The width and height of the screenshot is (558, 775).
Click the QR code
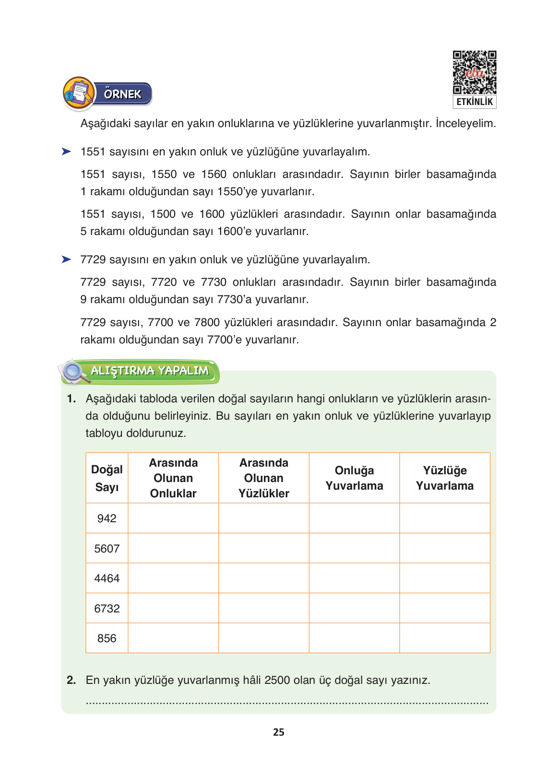pyautogui.click(x=474, y=72)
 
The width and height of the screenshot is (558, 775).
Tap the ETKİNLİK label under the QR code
pyautogui.click(x=474, y=102)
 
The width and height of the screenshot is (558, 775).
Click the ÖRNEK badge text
pyautogui.click(x=123, y=94)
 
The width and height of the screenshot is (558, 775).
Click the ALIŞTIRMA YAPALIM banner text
pyautogui.click(x=150, y=371)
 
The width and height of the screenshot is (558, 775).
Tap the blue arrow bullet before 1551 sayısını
pyautogui.click(x=66, y=152)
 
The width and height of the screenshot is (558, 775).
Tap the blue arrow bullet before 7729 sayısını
pyautogui.click(x=66, y=259)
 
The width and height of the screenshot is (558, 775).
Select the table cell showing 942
pyautogui.click(x=107, y=518)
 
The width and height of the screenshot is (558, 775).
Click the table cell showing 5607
pyautogui.click(x=107, y=549)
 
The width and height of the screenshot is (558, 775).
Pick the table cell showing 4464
pyautogui.click(x=107, y=578)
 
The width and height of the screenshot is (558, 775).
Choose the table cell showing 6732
pyautogui.click(x=107, y=609)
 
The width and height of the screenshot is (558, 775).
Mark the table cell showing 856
pyautogui.click(x=107, y=638)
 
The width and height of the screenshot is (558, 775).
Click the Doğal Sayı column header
pyautogui.click(x=107, y=478)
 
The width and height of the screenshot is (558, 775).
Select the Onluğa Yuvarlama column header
pyautogui.click(x=354, y=478)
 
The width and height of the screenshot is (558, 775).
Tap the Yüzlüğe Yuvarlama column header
pyautogui.click(x=444, y=478)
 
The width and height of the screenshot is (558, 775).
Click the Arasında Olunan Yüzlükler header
pyautogui.click(x=263, y=478)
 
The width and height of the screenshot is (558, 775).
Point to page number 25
pyautogui.click(x=278, y=732)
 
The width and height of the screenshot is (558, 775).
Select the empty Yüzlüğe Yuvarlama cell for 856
pyautogui.click(x=444, y=638)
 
